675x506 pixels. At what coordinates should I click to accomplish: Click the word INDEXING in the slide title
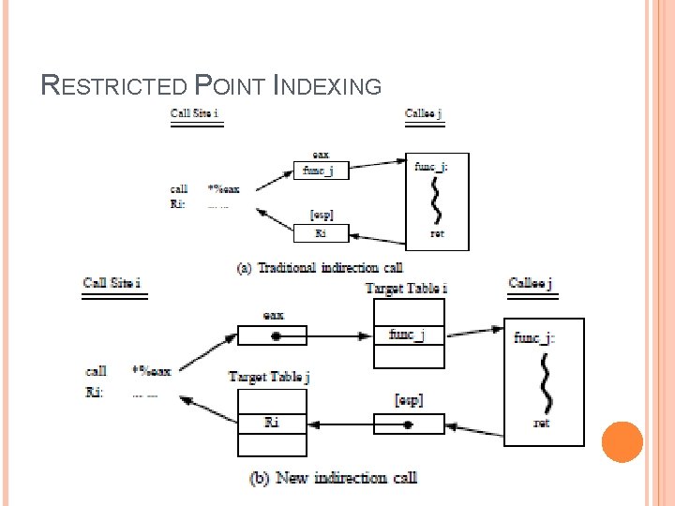pyautogui.click(x=328, y=87)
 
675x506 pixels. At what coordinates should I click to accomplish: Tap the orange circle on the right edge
pyautogui.click(x=622, y=441)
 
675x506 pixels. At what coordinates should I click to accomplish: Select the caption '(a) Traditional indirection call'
pyautogui.click(x=319, y=268)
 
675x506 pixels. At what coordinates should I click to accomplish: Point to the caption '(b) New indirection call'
pyautogui.click(x=333, y=478)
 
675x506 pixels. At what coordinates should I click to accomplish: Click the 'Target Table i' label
pyautogui.click(x=406, y=288)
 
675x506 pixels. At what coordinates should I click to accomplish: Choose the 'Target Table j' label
pyautogui.click(x=269, y=377)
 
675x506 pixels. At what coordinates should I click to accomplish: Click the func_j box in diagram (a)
pyautogui.click(x=321, y=171)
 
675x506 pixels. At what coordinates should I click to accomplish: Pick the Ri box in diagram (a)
pyautogui.click(x=321, y=232)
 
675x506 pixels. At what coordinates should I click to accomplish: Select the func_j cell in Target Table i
pyautogui.click(x=409, y=335)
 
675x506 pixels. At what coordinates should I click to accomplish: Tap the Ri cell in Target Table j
pyautogui.click(x=272, y=423)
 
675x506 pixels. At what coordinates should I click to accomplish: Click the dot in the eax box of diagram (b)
pyautogui.click(x=274, y=335)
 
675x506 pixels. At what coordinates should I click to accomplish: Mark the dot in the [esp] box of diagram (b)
pyautogui.click(x=408, y=424)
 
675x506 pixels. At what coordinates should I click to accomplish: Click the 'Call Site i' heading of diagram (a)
pyautogui.click(x=195, y=114)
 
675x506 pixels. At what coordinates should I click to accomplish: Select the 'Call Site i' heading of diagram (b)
pyautogui.click(x=112, y=283)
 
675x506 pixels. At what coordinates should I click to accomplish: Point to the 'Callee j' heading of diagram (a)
pyautogui.click(x=424, y=114)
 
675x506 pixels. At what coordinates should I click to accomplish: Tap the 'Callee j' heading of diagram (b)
pyautogui.click(x=531, y=283)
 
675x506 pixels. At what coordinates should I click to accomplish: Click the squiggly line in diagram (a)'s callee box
pyautogui.click(x=436, y=199)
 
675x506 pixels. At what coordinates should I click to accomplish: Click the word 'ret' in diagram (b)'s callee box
pyautogui.click(x=542, y=424)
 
